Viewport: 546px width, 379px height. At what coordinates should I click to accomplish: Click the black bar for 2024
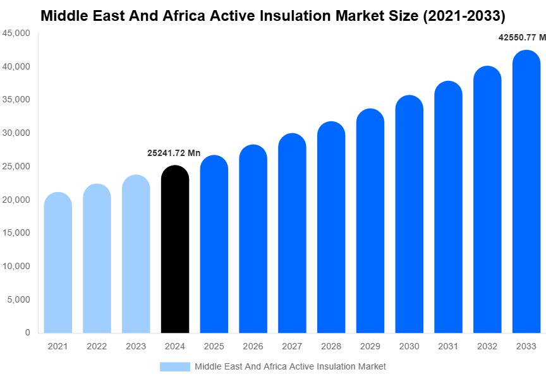click(x=175, y=250)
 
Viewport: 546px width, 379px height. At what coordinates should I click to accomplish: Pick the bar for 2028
click(x=331, y=227)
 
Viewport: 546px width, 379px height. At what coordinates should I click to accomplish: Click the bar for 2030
click(x=409, y=214)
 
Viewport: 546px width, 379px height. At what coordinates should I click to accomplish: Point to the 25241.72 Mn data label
click(x=174, y=153)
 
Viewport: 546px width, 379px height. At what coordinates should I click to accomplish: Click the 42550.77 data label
click(x=522, y=38)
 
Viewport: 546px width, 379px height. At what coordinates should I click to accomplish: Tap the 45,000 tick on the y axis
click(x=17, y=33)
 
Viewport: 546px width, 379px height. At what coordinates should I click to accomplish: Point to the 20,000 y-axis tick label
click(x=17, y=200)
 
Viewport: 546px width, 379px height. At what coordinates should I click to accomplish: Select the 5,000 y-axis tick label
click(x=19, y=299)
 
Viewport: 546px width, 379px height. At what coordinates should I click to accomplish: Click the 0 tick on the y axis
click(x=27, y=332)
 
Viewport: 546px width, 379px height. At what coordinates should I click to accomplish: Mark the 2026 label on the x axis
click(x=253, y=346)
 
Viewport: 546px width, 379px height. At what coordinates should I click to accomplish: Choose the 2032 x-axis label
click(x=487, y=346)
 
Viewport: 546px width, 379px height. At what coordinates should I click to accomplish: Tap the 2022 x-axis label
click(x=97, y=346)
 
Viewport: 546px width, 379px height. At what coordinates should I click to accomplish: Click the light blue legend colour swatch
click(x=174, y=366)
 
